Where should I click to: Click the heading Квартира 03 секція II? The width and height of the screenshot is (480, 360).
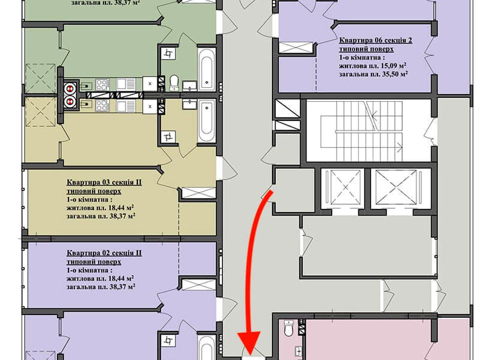pos(104,182)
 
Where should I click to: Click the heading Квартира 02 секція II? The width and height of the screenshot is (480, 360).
pos(104,253)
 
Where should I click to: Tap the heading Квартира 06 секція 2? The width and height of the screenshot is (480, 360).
pos(375,40)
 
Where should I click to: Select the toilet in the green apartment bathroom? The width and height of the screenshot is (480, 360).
pos(174,82)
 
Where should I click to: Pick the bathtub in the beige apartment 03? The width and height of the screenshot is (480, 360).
pos(206,121)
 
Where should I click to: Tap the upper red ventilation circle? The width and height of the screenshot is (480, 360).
pos(69,88)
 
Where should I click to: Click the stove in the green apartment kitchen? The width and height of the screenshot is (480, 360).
pos(102,85)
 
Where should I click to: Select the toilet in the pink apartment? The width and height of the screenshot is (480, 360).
pos(288,328)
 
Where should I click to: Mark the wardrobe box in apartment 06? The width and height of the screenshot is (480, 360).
pos(295,48)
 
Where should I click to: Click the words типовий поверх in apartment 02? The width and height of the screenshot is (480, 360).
pos(94,262)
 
